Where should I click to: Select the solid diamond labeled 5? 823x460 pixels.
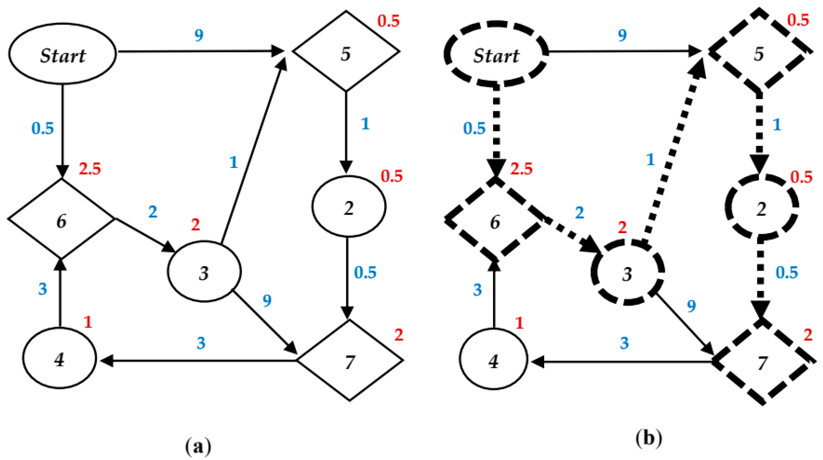(x=346, y=51)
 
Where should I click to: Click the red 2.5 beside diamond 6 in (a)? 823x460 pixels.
(x=90, y=169)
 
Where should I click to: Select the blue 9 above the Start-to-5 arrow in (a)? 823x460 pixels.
(x=199, y=35)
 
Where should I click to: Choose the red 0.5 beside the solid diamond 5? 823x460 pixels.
(x=389, y=21)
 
